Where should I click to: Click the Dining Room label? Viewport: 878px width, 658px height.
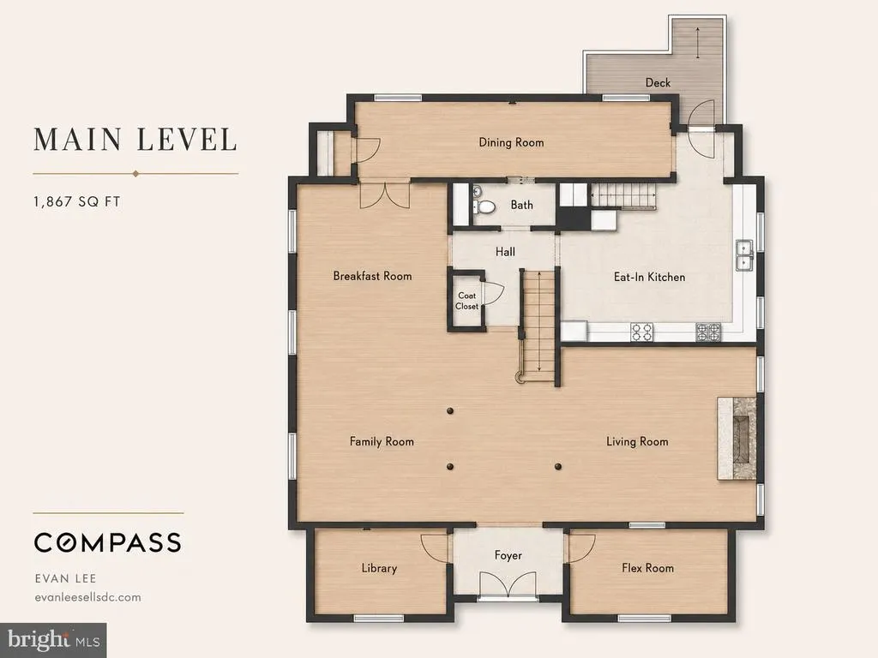tap(511, 143)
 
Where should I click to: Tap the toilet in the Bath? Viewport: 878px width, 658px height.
tap(485, 207)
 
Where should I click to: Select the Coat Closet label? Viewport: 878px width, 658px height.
tap(467, 301)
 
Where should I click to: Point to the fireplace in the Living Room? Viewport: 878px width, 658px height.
tap(737, 438)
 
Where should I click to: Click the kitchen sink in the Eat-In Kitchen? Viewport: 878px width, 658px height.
tap(744, 255)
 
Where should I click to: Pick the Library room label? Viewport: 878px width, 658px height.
tap(379, 569)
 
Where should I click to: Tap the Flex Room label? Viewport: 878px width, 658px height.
tap(648, 568)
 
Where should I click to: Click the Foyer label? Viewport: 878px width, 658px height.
tap(508, 555)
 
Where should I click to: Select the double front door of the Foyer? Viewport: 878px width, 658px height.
tap(508, 586)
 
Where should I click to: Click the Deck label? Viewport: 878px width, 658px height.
tap(658, 83)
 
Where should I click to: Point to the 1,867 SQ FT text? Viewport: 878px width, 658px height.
tap(76, 202)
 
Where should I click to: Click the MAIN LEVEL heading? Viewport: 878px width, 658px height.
tap(135, 140)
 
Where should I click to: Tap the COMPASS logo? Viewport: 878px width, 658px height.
tap(107, 542)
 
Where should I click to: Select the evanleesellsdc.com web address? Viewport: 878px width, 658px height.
tap(88, 597)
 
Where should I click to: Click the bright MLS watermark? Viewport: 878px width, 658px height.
tap(54, 640)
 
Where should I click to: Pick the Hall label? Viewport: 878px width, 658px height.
tap(505, 253)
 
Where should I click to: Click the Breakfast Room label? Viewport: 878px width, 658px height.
tap(372, 277)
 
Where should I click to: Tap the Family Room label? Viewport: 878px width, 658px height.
tap(382, 442)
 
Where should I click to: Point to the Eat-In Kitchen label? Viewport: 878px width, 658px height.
tap(650, 277)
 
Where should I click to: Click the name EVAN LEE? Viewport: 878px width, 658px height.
tap(65, 578)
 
